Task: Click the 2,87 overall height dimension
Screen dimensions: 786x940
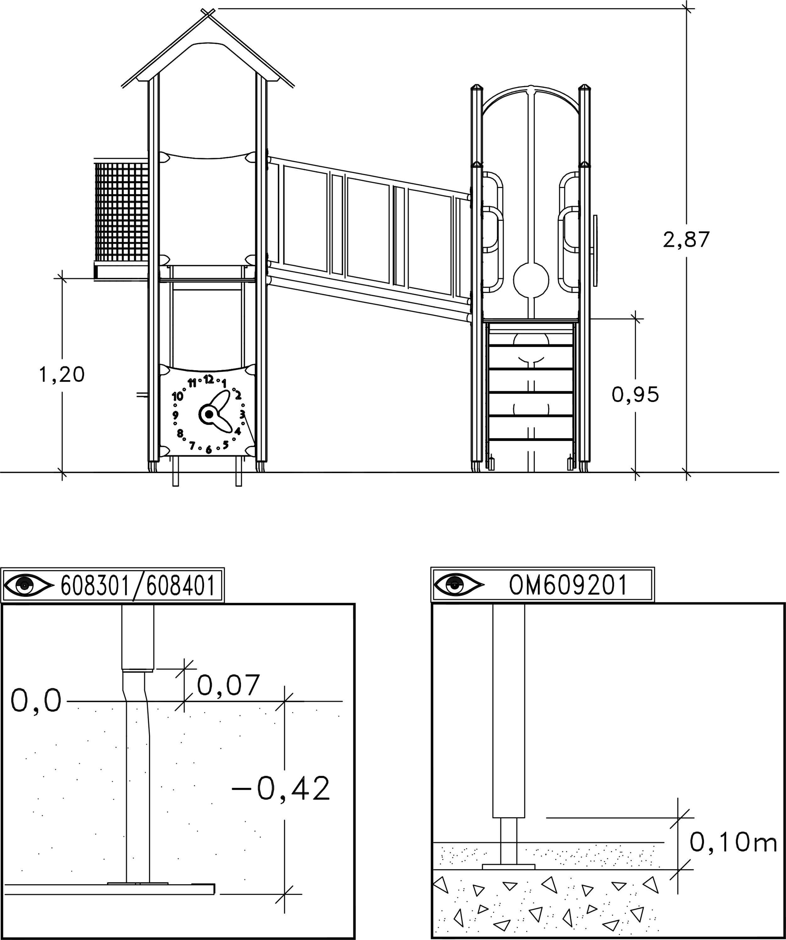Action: pyautogui.click(x=686, y=240)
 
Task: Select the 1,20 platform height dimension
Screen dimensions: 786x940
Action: pyautogui.click(x=62, y=374)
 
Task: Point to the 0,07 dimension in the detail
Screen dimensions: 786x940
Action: pyautogui.click(x=228, y=685)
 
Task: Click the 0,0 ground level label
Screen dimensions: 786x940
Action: pyautogui.click(x=36, y=701)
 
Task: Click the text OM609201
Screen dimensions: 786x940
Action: pyautogui.click(x=568, y=585)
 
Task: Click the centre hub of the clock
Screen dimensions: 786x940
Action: pyautogui.click(x=208, y=414)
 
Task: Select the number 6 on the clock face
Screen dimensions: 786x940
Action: pyautogui.click(x=208, y=450)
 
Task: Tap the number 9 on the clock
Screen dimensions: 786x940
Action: pyautogui.click(x=175, y=415)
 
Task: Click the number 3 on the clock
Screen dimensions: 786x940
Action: pyautogui.click(x=242, y=414)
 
